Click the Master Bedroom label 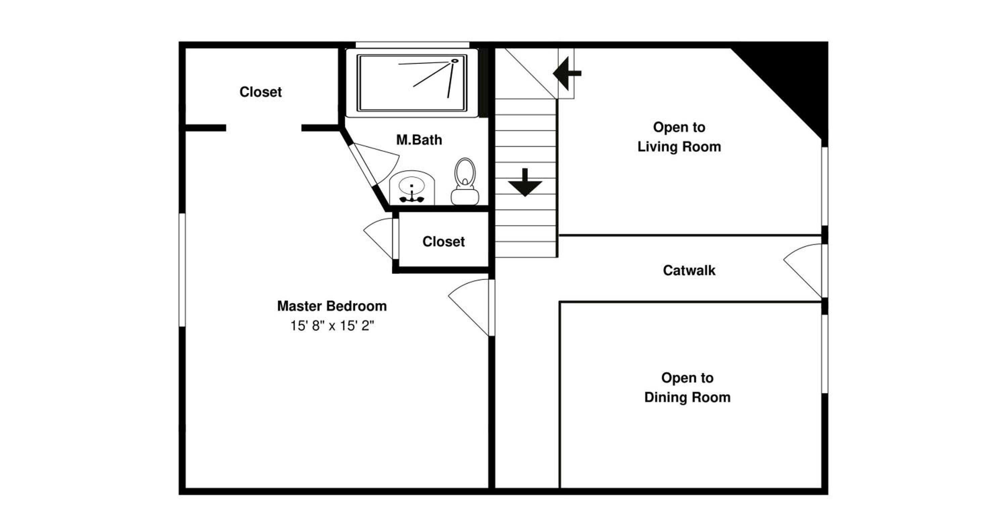pyautogui.click(x=332, y=306)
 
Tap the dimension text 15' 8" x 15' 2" pyautogui.click(x=332, y=325)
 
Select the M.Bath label pyautogui.click(x=419, y=140)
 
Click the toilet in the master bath pyautogui.click(x=465, y=181)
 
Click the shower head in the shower pyautogui.click(x=454, y=61)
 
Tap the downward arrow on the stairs pyautogui.click(x=525, y=182)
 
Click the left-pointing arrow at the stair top pyautogui.click(x=567, y=73)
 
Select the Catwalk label pyautogui.click(x=689, y=270)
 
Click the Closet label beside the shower pyautogui.click(x=260, y=92)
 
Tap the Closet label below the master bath pyautogui.click(x=443, y=242)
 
